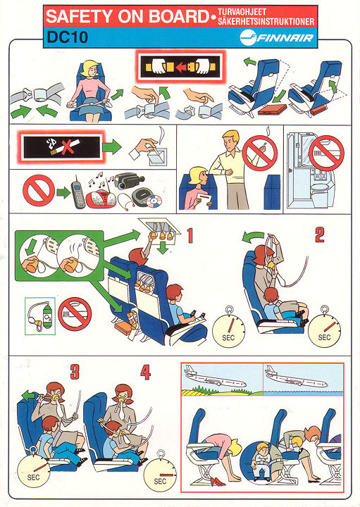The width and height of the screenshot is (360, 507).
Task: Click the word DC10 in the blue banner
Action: click(67, 37)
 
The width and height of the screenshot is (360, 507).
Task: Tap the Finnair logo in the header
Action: click(277, 37)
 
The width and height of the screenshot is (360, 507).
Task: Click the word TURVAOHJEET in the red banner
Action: click(242, 12)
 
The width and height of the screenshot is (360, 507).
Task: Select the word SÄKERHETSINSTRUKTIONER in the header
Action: click(266, 22)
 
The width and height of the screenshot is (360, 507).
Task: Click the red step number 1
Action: click(190, 235)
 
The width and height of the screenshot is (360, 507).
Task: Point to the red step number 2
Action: click(320, 234)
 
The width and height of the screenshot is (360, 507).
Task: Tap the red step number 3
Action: click(75, 372)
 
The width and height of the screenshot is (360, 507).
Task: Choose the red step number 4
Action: click(145, 372)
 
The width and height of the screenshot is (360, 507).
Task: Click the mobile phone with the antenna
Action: click(77, 193)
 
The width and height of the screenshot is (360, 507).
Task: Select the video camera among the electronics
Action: click(128, 181)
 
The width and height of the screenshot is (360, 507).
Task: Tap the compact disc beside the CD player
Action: click(154, 201)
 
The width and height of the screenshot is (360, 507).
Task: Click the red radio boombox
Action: click(99, 199)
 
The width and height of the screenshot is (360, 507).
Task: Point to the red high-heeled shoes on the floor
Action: click(218, 482)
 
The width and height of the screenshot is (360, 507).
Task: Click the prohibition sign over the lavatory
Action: click(326, 153)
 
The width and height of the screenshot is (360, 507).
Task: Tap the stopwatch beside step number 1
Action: click(228, 327)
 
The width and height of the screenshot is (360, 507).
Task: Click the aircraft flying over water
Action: click(296, 377)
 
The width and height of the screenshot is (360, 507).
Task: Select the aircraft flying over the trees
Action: click(215, 377)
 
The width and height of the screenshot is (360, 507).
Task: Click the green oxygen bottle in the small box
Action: click(47, 317)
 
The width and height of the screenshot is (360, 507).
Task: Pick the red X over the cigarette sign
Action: click(68, 147)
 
